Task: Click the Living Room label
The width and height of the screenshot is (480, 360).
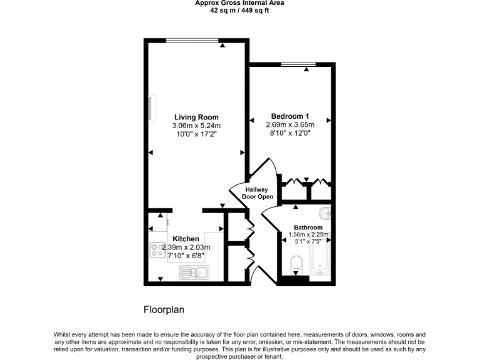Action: pos(196,117)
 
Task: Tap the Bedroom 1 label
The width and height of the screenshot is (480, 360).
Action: pos(289,116)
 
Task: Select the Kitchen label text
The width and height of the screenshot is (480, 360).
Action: pos(186,239)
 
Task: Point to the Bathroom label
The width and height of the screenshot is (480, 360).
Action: pos(308,227)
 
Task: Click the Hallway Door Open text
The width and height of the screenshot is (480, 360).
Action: pos(256,193)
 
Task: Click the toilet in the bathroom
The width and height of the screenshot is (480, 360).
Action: pos(296,264)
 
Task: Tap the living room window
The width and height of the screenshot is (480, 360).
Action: pos(193,41)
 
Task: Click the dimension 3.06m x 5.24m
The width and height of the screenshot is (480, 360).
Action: pos(196,125)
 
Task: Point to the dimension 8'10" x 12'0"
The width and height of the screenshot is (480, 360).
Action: pos(289,132)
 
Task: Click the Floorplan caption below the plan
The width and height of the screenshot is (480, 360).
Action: pos(164,309)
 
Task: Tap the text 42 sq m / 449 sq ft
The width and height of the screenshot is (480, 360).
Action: pos(239,10)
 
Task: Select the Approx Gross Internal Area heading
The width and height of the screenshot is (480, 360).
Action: pos(239,3)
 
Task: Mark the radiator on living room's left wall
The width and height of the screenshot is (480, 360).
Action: pos(151,107)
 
